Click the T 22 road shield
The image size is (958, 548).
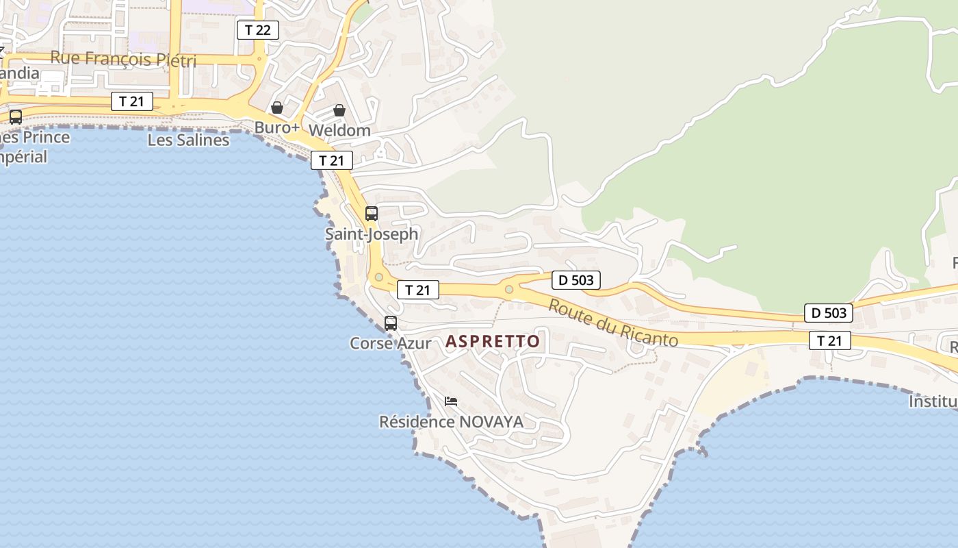click(258, 30)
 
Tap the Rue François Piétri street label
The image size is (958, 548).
click(123, 60)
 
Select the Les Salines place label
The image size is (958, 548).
click(188, 140)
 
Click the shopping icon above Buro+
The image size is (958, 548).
click(277, 108)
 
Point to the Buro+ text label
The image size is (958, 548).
click(277, 128)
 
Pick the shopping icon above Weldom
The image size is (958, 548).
click(339, 110)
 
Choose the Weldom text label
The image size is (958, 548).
click(339, 130)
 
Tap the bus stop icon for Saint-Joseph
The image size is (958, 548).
click(372, 214)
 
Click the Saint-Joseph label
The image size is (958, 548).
click(371, 234)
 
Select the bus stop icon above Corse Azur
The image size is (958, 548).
click(391, 323)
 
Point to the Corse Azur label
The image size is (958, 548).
click(391, 343)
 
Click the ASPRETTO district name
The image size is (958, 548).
click(493, 341)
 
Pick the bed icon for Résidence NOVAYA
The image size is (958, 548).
click(450, 401)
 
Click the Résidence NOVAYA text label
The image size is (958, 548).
click(452, 422)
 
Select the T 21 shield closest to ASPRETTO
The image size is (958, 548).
click(418, 290)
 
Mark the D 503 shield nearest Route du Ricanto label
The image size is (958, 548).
click(576, 280)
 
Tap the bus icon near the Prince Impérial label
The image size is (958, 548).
click(16, 117)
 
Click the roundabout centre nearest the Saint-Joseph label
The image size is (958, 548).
click(378, 277)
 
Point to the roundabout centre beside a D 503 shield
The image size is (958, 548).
click(508, 289)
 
